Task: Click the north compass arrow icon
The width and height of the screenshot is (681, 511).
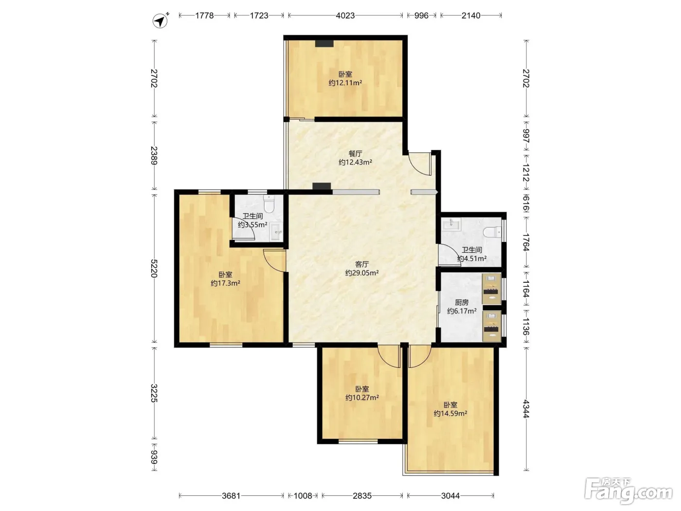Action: pos(160,20)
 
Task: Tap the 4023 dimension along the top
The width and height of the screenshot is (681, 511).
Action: pos(345,16)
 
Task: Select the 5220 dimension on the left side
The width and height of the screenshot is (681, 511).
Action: pos(154,268)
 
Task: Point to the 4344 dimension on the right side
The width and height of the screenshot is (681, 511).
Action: pos(525,409)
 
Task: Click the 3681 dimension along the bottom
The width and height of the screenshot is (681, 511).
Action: pos(231,496)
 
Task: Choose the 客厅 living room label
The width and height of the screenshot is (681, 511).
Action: pos(362,264)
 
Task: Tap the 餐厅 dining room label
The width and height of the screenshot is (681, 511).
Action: pos(355,154)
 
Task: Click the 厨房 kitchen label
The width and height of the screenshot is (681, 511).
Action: pos(462,302)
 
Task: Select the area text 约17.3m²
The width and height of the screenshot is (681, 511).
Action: pos(226,283)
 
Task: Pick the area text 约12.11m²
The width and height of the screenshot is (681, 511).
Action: pos(345,83)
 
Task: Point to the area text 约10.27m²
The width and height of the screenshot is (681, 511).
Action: pos(362,398)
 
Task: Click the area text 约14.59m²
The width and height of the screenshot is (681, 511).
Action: pos(450,413)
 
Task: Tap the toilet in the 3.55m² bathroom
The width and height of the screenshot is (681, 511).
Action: pos(269,203)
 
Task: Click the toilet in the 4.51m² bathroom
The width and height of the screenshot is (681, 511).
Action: pos(492,232)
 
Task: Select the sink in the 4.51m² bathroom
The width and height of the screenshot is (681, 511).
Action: pos(451,223)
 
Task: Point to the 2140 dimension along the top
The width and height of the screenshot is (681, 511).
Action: pos(471,16)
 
